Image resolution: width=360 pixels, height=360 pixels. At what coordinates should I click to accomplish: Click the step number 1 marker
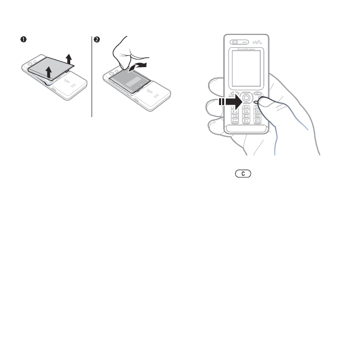pos(23,39)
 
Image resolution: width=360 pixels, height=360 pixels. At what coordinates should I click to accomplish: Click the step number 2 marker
pos(96,39)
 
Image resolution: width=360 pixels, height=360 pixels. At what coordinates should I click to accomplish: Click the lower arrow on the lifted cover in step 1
pos(49,72)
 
